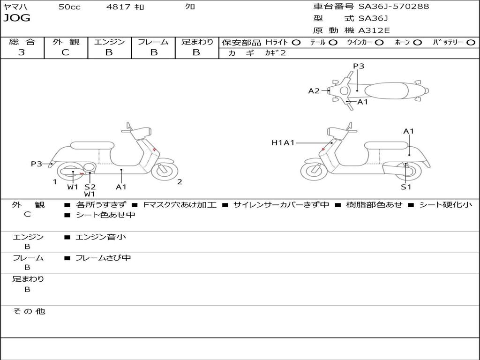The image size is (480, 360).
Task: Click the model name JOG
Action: (x=17, y=18)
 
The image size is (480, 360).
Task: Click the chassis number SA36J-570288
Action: (x=394, y=7)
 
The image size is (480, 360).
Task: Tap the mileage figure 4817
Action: (x=118, y=7)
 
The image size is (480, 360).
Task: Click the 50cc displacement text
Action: (x=69, y=7)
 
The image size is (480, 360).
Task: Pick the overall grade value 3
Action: (x=22, y=52)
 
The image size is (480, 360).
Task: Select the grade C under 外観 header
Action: (x=65, y=52)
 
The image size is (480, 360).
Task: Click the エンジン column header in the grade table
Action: (x=109, y=42)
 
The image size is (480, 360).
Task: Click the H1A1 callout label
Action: (x=283, y=142)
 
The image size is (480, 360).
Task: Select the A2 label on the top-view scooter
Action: (x=314, y=91)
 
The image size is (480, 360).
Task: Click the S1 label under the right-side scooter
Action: (x=405, y=187)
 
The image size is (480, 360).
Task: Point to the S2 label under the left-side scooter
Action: (x=90, y=187)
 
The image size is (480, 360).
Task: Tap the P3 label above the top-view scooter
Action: (x=359, y=66)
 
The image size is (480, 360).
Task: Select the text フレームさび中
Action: (x=103, y=258)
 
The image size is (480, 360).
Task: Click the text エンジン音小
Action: (x=100, y=237)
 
